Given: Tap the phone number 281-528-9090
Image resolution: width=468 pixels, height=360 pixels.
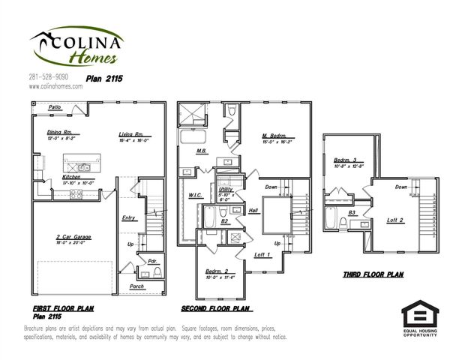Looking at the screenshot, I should [49, 76].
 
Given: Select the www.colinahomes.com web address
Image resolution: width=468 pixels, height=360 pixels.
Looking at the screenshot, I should [55, 86].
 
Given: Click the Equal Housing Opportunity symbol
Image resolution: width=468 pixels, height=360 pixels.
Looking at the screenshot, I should [419, 316].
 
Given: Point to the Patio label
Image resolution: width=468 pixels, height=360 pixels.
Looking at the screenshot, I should [55, 108].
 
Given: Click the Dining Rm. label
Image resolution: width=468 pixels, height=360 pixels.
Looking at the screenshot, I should [58, 133].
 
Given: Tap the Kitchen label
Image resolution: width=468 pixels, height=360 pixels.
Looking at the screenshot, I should [71, 177].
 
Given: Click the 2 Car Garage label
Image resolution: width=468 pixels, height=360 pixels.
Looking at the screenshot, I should [73, 238].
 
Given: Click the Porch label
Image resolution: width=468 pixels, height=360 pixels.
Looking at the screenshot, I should [136, 286].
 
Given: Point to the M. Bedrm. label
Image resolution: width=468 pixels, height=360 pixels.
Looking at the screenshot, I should [275, 136].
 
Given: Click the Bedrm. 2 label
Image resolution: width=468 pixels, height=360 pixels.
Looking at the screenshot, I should [220, 271].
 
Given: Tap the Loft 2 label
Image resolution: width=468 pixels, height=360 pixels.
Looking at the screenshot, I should [395, 220].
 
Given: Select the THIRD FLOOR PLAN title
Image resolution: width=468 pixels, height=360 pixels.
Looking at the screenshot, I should [373, 275].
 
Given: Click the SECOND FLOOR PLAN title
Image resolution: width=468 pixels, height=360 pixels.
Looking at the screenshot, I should [217, 308].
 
